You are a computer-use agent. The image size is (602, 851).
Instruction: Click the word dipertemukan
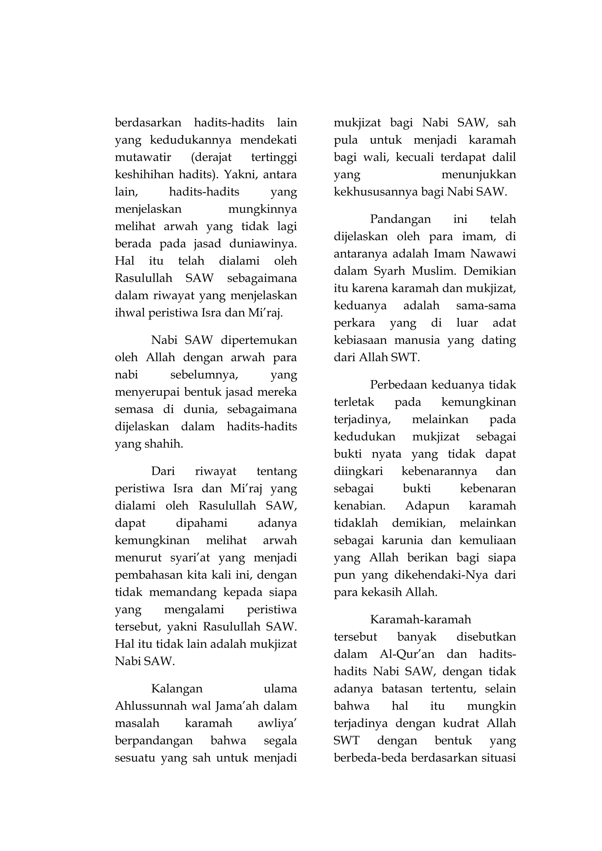point(259,340)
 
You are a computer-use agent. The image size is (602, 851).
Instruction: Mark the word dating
point(499,340)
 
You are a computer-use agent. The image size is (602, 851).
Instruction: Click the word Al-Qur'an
point(407,654)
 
